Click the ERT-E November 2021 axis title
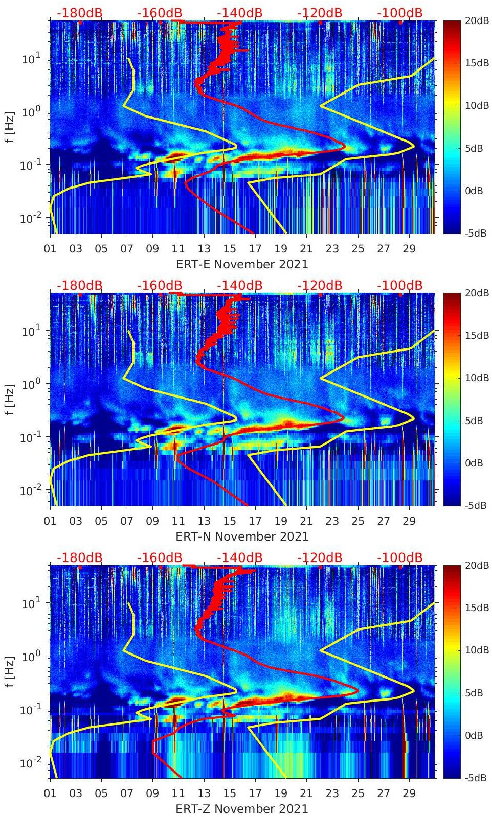(242, 264)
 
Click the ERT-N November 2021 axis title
(242, 536)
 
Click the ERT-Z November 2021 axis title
(242, 809)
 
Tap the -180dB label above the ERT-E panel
(79, 13)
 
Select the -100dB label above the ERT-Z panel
(399, 557)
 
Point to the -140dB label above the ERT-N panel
(239, 285)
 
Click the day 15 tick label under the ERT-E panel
(230, 249)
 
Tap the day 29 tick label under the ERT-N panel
(409, 521)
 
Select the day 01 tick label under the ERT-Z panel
(50, 793)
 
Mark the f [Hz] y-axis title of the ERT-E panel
(11, 127)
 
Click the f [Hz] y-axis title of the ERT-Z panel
(11, 671)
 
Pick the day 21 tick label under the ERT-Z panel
(306, 793)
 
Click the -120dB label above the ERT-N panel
(320, 285)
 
